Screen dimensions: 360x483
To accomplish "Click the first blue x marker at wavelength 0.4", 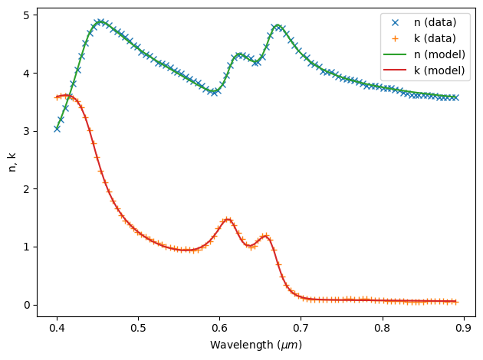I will [57, 128].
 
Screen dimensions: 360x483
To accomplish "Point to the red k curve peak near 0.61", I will [227, 219].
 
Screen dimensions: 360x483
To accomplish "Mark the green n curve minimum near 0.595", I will [215, 92].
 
